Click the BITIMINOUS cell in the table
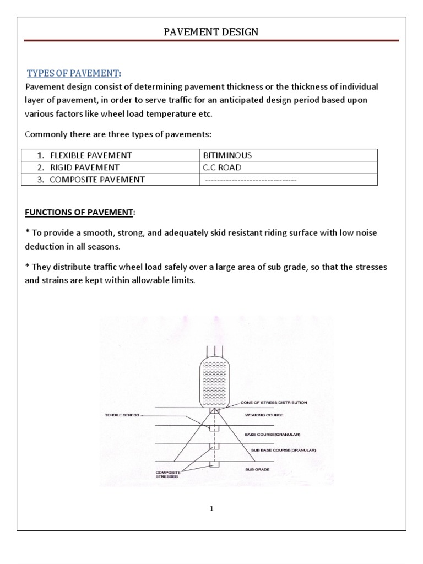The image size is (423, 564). (227, 155)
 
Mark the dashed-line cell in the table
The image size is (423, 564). (250, 180)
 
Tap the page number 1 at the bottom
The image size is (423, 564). (211, 509)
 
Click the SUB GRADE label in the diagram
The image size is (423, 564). (257, 469)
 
